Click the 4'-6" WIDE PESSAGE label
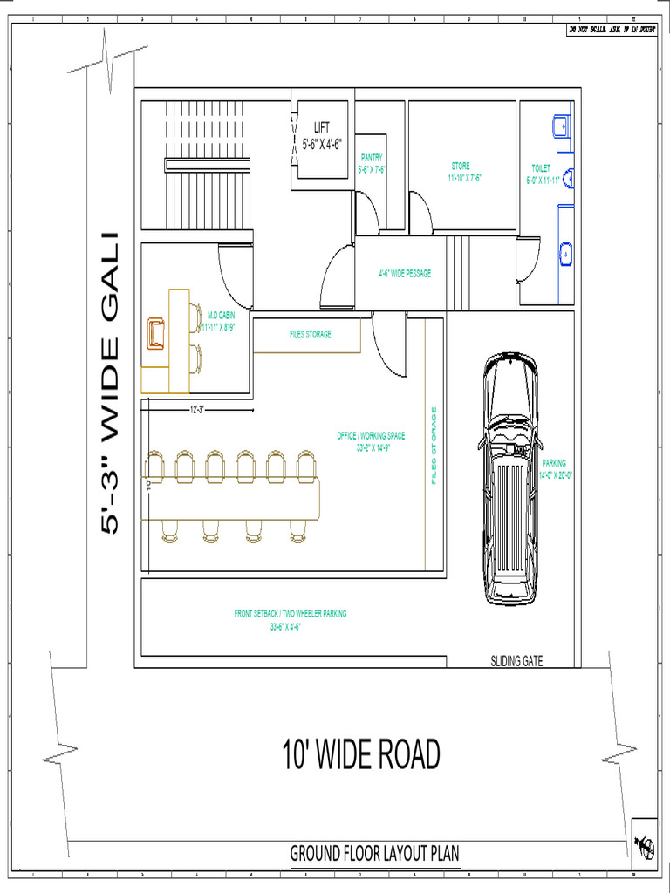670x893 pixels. [405, 273]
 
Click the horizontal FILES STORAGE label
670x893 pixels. [311, 334]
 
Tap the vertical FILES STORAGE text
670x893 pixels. [433, 445]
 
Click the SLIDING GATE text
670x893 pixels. [516, 662]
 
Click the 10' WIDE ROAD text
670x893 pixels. [360, 754]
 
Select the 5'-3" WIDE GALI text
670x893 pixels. [110, 384]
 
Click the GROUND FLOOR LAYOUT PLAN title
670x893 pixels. [374, 854]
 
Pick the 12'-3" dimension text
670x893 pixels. [196, 408]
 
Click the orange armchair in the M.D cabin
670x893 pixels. [157, 333]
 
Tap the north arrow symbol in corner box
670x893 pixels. [644, 843]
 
